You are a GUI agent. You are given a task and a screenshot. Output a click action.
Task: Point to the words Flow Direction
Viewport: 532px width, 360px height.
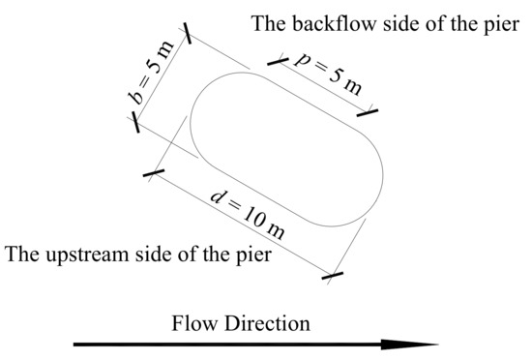pos(242,323)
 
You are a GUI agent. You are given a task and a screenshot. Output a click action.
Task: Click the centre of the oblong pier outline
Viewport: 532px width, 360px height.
pos(287,148)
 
